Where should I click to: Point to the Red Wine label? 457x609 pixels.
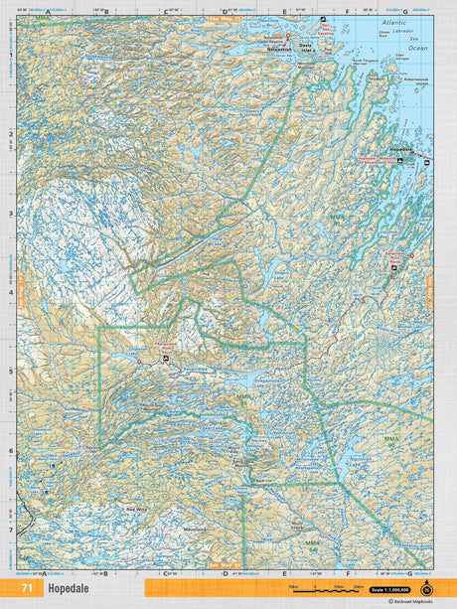click(136, 508)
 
